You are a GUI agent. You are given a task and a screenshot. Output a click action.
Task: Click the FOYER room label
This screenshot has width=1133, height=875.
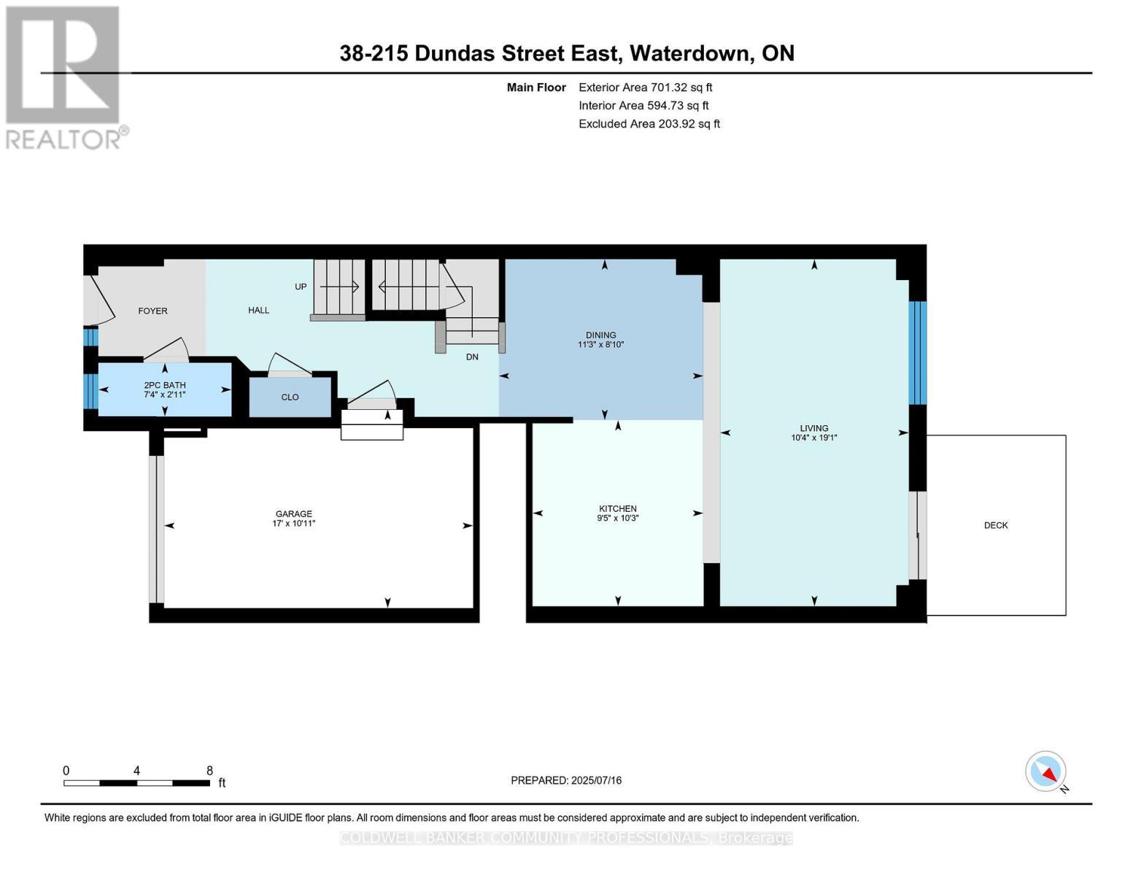tap(152, 311)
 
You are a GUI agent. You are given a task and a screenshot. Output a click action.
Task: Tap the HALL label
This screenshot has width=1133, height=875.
tap(258, 310)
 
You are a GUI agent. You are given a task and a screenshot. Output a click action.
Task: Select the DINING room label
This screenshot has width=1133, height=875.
tap(600, 335)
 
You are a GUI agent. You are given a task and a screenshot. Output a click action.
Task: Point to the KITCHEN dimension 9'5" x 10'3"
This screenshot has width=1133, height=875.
tap(617, 518)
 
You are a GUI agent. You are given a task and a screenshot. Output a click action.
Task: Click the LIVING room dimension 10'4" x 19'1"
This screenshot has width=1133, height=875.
tap(813, 438)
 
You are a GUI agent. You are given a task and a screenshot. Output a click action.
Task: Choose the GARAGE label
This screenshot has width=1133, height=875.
tap(293, 514)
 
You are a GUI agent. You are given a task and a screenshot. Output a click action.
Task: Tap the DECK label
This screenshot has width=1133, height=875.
tap(995, 525)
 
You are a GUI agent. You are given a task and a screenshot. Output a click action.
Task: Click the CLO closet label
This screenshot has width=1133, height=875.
tap(290, 397)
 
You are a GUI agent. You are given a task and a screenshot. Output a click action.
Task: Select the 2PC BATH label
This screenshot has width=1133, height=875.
tap(164, 385)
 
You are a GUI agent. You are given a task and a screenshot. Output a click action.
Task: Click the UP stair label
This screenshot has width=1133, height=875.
tap(301, 287)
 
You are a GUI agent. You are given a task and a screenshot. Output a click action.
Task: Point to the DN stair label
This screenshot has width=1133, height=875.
tap(472, 357)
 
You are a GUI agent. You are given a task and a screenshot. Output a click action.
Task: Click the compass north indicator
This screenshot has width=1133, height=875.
tap(1046, 771)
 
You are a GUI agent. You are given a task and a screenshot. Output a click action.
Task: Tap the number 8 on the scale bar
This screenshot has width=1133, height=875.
tap(209, 771)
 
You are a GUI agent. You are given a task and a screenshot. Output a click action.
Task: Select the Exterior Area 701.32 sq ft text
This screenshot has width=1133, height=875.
tap(645, 87)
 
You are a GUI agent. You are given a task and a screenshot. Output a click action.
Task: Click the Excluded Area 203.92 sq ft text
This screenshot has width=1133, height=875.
tap(649, 124)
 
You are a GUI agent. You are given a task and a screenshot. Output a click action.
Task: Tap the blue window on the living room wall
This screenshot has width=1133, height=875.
tap(918, 353)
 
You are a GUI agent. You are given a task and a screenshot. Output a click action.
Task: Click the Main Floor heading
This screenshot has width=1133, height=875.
tap(536, 87)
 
